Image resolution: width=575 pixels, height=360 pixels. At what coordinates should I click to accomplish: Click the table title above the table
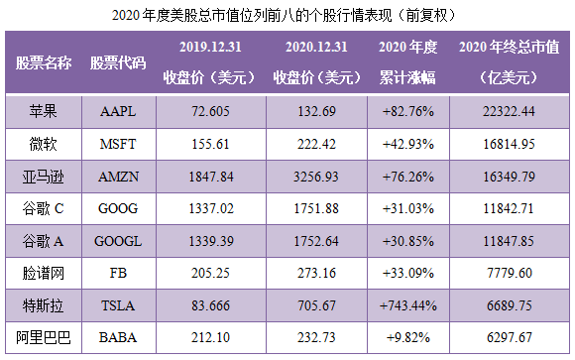(x=287, y=14)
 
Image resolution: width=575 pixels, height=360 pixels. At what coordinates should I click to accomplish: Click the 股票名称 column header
(x=43, y=62)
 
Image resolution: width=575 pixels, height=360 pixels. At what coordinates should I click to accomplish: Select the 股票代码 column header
(x=118, y=62)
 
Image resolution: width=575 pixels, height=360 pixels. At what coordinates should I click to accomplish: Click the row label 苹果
(x=43, y=111)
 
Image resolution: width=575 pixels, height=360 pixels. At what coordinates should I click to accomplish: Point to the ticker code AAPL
(x=118, y=111)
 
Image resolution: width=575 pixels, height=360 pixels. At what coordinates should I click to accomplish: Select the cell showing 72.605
(x=209, y=111)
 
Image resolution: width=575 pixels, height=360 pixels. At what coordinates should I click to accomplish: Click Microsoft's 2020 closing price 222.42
(x=316, y=144)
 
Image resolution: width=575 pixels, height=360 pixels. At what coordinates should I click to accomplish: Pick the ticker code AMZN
(x=118, y=177)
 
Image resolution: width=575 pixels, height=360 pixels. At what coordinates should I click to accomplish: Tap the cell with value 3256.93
(x=316, y=177)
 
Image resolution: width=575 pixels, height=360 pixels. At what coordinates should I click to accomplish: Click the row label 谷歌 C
(x=43, y=209)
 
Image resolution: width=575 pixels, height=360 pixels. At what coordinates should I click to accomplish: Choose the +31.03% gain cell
(x=408, y=209)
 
